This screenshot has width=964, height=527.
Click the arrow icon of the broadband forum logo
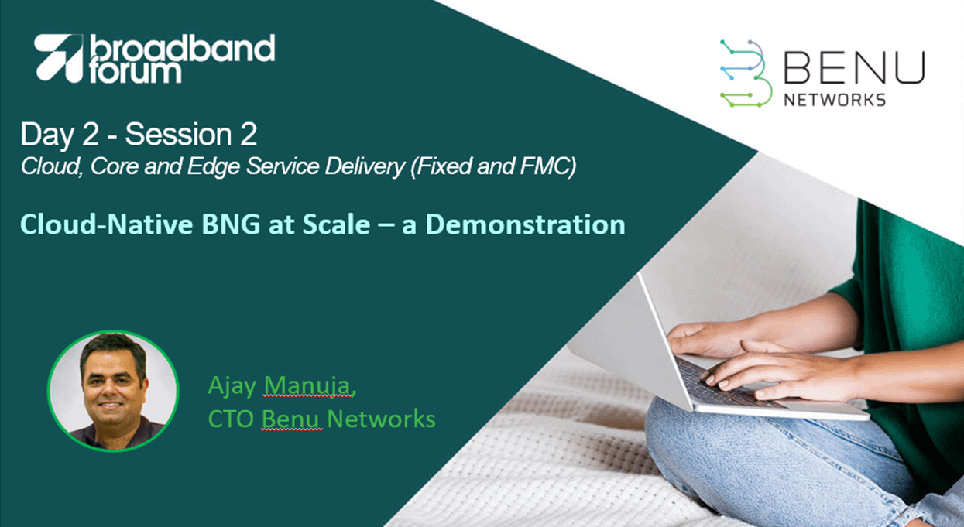pyautogui.click(x=59, y=58)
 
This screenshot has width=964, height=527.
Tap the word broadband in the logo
pyautogui.click(x=182, y=48)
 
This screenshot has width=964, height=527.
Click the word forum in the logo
pyautogui.click(x=136, y=72)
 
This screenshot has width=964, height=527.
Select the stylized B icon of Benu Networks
pyautogui.click(x=745, y=74)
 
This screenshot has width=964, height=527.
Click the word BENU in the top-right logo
pyautogui.click(x=854, y=67)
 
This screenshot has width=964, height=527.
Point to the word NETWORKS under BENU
pyautogui.click(x=835, y=100)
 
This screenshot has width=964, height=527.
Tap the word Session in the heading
pyautogui.click(x=178, y=134)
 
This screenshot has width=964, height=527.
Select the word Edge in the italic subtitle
pyautogui.click(x=214, y=166)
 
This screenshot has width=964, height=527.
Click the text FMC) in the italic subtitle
pyautogui.click(x=548, y=166)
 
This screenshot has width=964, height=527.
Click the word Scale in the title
pyautogui.click(x=336, y=224)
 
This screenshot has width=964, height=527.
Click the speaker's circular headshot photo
pyautogui.click(x=113, y=391)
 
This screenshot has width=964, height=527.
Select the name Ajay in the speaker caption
pyautogui.click(x=232, y=386)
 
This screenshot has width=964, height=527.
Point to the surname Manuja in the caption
pyautogui.click(x=308, y=385)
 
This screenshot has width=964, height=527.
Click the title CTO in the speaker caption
pyautogui.click(x=231, y=419)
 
